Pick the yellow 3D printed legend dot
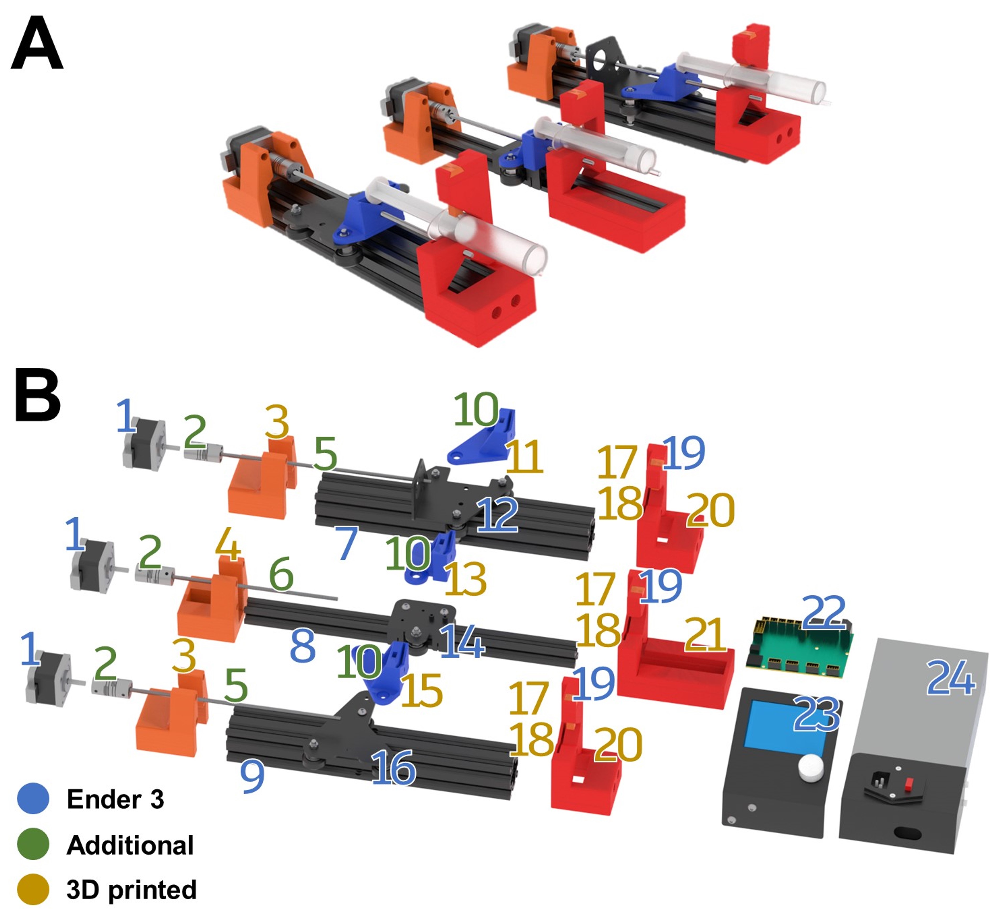33,889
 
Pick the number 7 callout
346,543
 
